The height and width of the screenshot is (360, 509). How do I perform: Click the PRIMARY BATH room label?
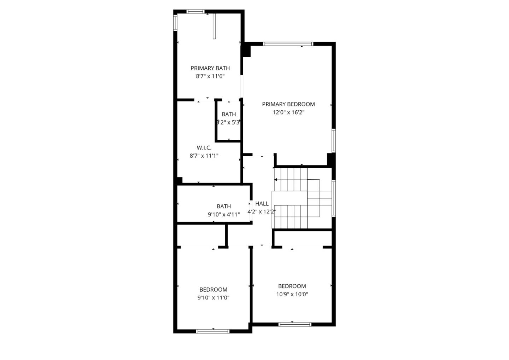click(210, 68)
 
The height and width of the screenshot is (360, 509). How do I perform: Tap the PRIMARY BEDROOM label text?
click(288, 104)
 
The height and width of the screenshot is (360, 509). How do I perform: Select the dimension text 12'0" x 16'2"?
click(288, 112)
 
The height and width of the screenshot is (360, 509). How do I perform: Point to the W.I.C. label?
click(204, 148)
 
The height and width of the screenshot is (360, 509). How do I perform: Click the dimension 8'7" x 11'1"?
click(204, 156)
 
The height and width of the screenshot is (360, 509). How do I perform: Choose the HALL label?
click(262, 204)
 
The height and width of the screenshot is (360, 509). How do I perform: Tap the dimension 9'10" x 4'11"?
click(224, 214)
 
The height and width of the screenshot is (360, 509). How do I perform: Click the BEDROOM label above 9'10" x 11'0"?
click(213, 290)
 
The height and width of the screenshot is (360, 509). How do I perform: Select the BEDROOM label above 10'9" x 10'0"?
click(292, 286)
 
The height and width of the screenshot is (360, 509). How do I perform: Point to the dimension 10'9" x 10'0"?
click(292, 294)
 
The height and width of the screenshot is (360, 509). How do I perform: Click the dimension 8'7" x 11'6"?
click(210, 76)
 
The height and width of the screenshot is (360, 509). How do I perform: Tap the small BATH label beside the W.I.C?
click(229, 114)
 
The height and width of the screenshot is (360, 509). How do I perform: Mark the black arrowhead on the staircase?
click(276, 180)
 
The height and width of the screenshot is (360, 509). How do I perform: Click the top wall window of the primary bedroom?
click(288, 44)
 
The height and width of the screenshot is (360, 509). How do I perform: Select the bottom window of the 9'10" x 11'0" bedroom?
click(213, 331)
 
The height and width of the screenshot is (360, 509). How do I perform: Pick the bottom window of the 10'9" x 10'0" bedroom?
click(295, 324)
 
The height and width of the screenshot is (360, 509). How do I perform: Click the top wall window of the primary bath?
click(195, 12)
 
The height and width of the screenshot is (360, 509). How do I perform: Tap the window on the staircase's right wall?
click(333, 198)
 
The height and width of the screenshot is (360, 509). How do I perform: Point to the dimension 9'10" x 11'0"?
click(213, 298)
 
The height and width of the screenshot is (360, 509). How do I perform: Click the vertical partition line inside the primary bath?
click(214, 26)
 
